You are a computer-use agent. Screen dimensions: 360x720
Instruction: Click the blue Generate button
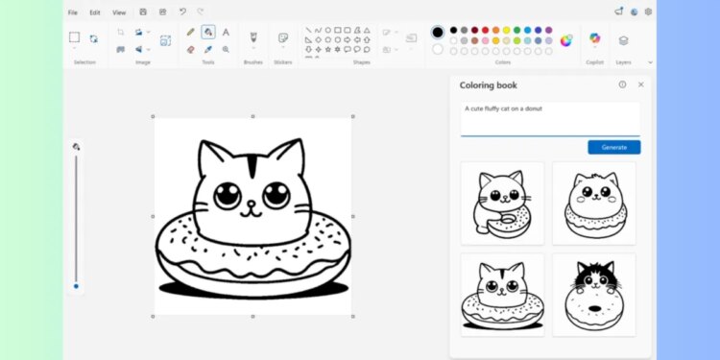[613, 147]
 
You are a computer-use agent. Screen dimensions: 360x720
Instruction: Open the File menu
[73, 12]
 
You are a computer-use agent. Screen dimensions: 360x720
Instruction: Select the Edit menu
[94, 12]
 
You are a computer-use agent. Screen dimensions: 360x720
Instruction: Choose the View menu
[118, 12]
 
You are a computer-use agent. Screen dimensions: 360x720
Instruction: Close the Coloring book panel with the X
[641, 84]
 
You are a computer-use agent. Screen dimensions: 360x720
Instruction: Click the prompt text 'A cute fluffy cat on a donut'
[504, 108]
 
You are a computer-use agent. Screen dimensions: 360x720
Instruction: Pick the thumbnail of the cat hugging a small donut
[502, 203]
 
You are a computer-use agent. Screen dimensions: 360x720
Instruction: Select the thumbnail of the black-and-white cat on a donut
[593, 295]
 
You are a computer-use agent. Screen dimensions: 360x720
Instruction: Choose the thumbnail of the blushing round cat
[593, 203]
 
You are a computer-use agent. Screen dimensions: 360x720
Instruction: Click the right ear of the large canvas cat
[287, 156]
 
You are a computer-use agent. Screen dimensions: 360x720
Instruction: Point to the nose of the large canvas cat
[252, 204]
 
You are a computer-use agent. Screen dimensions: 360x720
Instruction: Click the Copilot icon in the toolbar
[594, 39]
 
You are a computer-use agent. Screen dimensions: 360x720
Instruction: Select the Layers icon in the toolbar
[623, 40]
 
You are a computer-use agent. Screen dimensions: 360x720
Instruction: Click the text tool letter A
[226, 32]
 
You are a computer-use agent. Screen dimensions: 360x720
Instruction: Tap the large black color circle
[438, 32]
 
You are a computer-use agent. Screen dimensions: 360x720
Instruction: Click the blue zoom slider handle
[77, 285]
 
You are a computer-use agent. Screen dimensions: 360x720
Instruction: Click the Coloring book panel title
[490, 84]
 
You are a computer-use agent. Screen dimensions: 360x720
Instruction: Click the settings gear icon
[648, 12]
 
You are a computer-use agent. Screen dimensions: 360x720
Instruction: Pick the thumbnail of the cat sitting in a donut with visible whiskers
[502, 295]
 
